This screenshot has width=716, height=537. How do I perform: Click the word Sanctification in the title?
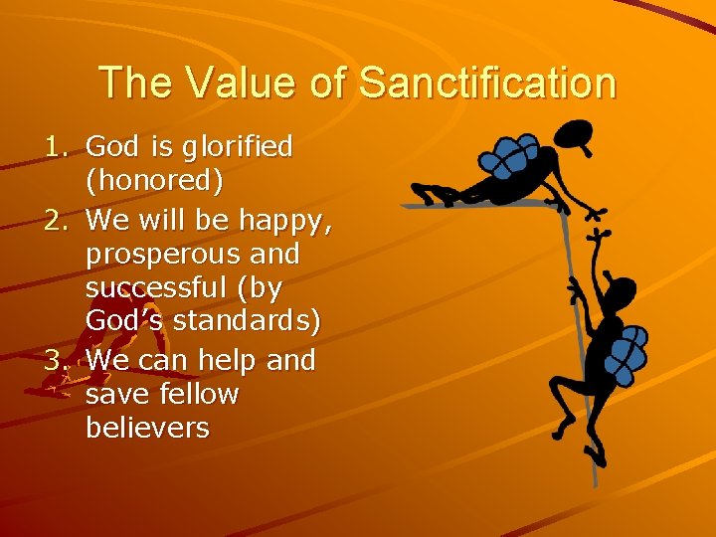click(487, 83)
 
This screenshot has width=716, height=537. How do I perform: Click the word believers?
click(147, 429)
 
